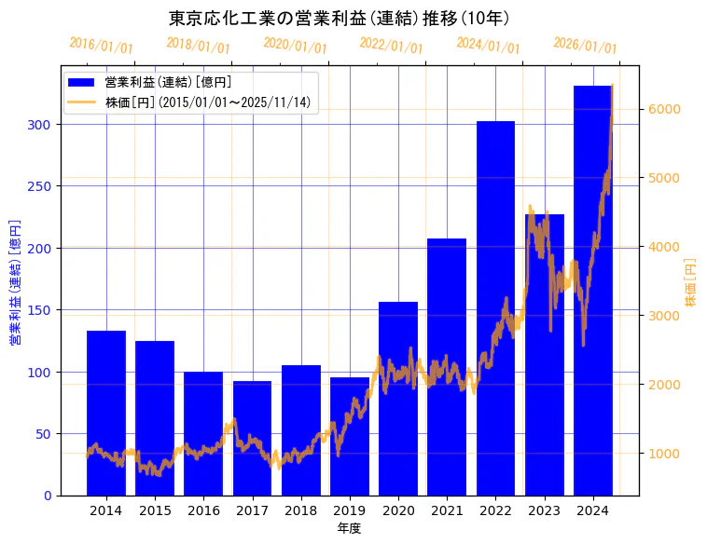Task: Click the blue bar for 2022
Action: tap(495, 307)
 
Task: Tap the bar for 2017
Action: tap(252, 438)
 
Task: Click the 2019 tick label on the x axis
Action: tap(350, 510)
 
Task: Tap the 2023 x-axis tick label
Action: tap(544, 510)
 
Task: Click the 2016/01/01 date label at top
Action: tap(102, 46)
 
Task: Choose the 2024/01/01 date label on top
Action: tap(488, 46)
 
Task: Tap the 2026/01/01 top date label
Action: tap(585, 46)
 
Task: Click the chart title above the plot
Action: tap(340, 18)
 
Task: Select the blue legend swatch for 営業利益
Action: tap(82, 83)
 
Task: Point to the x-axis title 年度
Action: tap(349, 528)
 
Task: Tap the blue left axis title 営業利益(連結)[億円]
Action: tap(15, 282)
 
